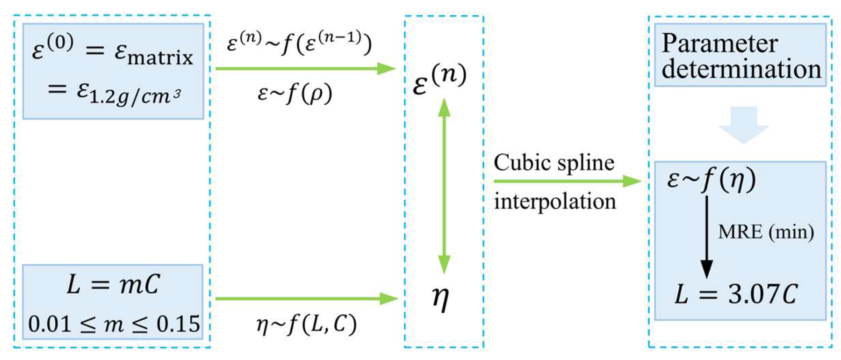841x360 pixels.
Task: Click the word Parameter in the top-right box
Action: pos(719,44)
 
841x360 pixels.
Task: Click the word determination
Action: pos(741,69)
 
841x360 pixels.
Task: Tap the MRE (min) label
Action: pos(766,231)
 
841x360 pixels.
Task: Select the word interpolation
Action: pos(555,202)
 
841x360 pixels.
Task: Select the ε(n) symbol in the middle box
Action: pos(439,79)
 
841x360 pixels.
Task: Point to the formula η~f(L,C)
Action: pos(306,324)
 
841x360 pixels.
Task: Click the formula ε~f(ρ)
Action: pos(295,94)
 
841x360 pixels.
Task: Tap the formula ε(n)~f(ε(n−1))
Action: pos(299,44)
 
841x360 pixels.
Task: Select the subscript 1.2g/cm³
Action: pos(135,96)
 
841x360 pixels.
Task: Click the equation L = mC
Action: pos(113,284)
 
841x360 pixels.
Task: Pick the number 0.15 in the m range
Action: pos(178,324)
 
